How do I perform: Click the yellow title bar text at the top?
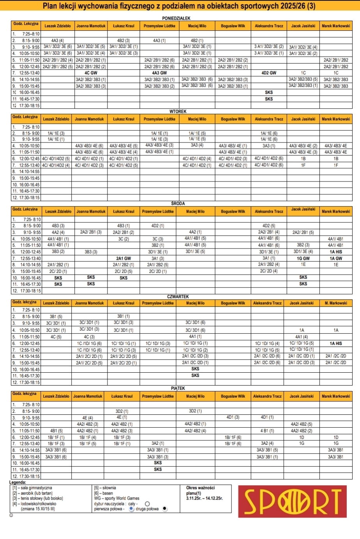(179, 6)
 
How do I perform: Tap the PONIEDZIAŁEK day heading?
(176, 18)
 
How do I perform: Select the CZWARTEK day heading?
(178, 297)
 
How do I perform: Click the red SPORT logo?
(292, 501)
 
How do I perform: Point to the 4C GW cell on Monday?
(90, 73)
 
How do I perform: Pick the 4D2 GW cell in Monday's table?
(269, 73)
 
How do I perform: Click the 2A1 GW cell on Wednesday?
(124, 258)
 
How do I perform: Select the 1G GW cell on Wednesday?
(303, 258)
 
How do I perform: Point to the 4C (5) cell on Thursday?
(56, 337)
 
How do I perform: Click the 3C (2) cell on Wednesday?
(124, 239)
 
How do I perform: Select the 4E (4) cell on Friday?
(87, 417)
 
